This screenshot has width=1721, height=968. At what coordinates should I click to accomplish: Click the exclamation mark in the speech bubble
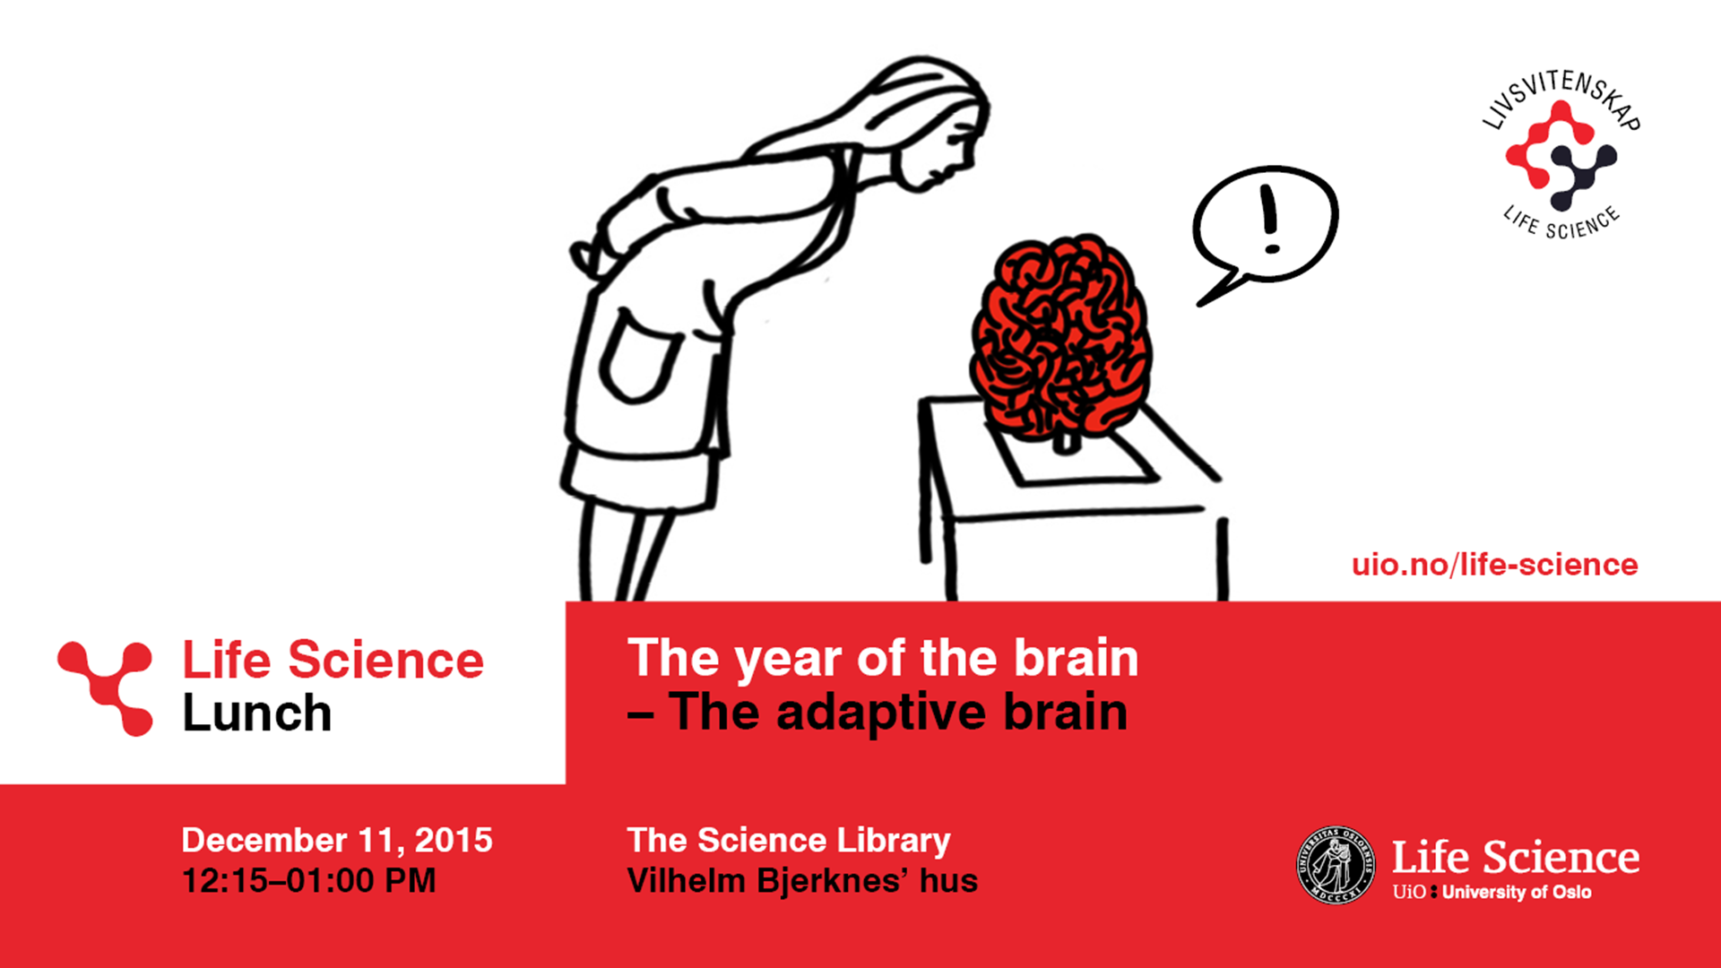click(x=1269, y=219)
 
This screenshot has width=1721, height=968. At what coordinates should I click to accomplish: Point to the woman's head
click(x=932, y=125)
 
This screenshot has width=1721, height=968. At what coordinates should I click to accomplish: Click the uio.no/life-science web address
click(x=1494, y=565)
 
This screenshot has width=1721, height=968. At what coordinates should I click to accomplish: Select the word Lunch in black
click(x=257, y=713)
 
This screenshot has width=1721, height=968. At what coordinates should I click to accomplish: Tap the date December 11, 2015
click(x=337, y=840)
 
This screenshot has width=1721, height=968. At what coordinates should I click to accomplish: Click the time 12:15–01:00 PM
click(x=309, y=880)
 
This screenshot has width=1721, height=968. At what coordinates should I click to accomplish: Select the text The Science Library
click(x=789, y=841)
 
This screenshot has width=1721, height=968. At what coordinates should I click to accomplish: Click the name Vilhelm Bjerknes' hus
click(x=802, y=880)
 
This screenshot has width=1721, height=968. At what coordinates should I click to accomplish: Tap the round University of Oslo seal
click(x=1336, y=865)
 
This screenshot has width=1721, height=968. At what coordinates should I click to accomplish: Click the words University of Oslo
click(x=1517, y=892)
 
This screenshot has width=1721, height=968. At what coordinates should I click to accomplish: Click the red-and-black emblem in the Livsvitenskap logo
click(x=1561, y=155)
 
